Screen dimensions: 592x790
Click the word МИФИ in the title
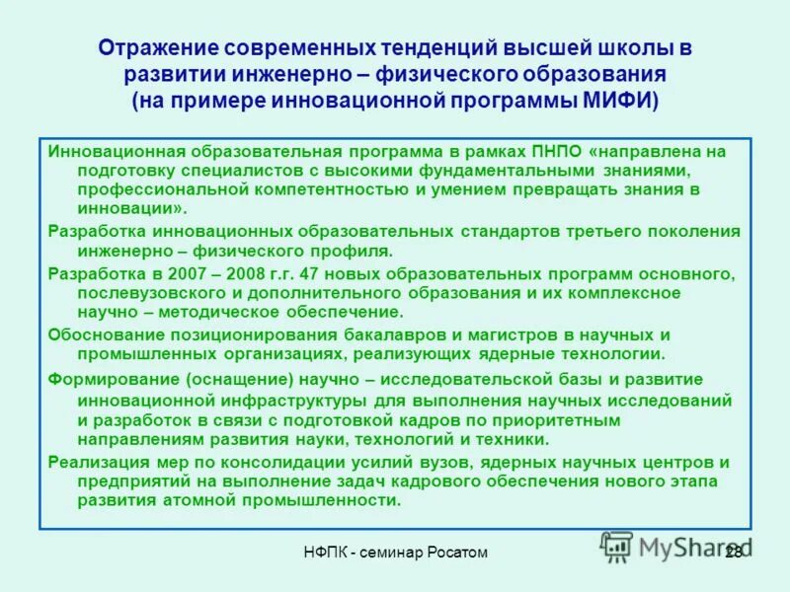coord(618,101)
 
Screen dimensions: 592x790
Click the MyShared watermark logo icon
coord(616,545)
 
